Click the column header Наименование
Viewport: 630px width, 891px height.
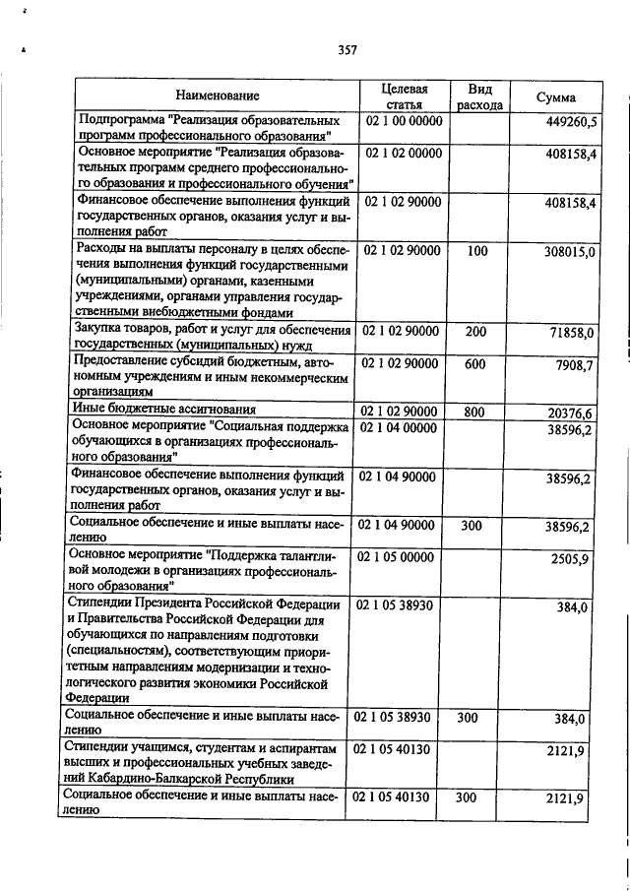pos(218,95)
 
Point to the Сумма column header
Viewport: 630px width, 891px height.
pos(556,97)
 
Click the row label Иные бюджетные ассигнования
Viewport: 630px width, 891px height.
pos(165,409)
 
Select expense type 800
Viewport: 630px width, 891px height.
pos(476,410)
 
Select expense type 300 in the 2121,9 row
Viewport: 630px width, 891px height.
pos(476,796)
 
